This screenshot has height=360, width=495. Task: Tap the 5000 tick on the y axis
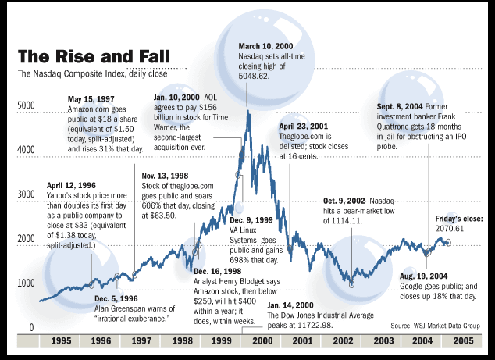[26, 105]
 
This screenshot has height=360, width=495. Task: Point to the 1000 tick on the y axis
[26, 283]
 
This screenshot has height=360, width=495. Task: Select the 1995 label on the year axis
[58, 342]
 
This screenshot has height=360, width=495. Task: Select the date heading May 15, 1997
[92, 101]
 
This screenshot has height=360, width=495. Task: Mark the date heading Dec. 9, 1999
[253, 220]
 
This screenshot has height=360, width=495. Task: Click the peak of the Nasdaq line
[247, 110]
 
